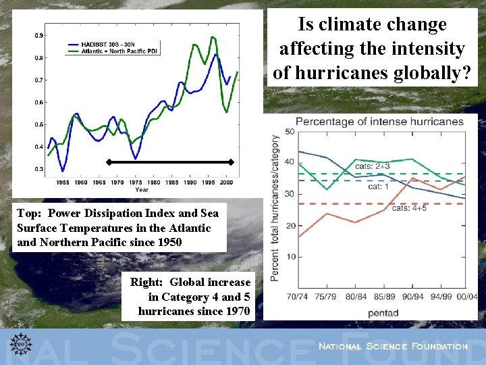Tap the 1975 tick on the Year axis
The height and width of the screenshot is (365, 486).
tap(136, 182)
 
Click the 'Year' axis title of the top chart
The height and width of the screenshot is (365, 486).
tap(142, 190)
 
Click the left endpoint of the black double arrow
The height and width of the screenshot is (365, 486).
tap(108, 162)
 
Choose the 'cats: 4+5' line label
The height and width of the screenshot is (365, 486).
tap(410, 208)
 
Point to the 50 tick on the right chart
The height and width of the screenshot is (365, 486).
tap(290, 131)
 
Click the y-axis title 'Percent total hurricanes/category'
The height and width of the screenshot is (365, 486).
tap(275, 208)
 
